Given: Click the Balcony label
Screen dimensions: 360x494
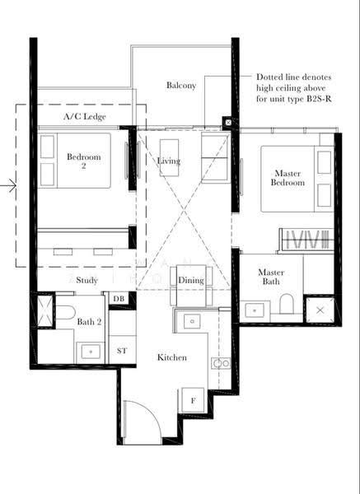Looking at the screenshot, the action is (x=181, y=86).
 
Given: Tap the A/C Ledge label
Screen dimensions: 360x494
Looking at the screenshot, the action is (x=85, y=117).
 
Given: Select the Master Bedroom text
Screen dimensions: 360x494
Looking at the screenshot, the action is (x=288, y=178).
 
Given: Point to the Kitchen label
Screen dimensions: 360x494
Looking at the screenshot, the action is (x=172, y=357).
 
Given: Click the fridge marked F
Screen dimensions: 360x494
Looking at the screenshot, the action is (x=193, y=400).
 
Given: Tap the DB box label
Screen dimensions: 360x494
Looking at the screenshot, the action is (x=119, y=298).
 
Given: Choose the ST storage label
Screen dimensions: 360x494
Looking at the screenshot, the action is (x=122, y=351).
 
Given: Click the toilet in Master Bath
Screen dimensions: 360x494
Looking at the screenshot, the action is (x=287, y=303).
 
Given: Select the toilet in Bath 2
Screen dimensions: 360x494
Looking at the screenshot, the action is (x=65, y=312).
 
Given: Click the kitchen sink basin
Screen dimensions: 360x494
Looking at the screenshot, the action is (x=192, y=321).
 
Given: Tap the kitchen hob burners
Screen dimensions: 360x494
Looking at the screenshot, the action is (x=221, y=363).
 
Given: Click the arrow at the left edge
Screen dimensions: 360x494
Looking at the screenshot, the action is (x=8, y=185).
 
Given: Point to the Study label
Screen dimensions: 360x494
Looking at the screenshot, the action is (x=86, y=280).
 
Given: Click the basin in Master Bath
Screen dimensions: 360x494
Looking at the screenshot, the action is (x=255, y=310).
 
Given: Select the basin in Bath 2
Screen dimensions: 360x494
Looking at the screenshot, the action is (x=91, y=352).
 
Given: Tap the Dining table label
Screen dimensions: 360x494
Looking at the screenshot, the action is (x=191, y=280).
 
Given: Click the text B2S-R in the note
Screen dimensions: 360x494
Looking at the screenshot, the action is (x=319, y=99).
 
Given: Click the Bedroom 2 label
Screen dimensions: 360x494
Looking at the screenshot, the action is (x=84, y=161).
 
